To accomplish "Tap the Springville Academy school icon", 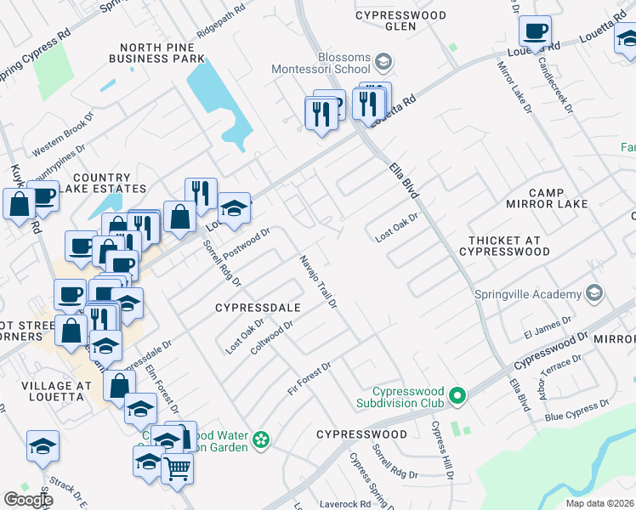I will (x=594, y=294).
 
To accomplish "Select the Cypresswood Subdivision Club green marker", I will (x=457, y=395).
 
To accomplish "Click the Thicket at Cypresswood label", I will (x=505, y=245).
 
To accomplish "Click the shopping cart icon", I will (x=177, y=467).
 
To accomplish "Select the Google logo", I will (x=27, y=499).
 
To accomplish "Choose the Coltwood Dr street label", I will (x=272, y=337).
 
